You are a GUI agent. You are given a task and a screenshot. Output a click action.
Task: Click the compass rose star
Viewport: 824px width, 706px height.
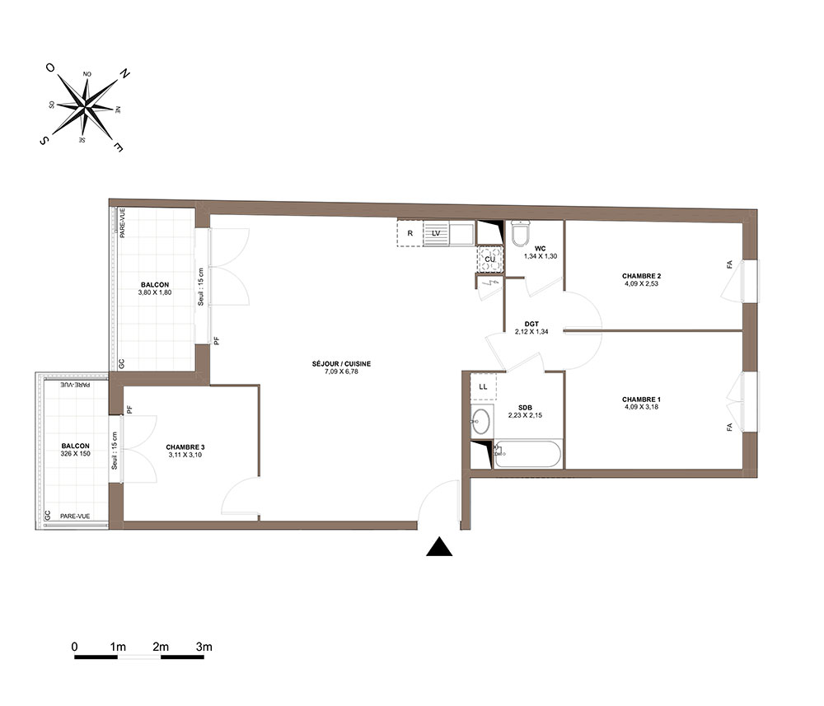pos(86,107)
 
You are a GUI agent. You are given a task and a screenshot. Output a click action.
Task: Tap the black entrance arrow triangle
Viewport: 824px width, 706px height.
pos(439,547)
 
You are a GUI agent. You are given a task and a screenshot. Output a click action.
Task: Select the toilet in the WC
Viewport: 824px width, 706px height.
pos(521,233)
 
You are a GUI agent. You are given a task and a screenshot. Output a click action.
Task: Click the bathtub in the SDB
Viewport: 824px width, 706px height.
pos(527,454)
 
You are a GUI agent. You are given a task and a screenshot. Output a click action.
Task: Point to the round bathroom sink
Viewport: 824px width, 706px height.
pos(481,421)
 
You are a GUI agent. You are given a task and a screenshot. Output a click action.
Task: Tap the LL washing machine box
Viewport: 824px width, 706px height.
pos(484,386)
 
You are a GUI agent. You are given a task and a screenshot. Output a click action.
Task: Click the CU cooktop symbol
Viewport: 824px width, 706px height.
pos(489,259)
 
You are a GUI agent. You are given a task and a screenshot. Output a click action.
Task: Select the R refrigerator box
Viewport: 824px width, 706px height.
pos(410,233)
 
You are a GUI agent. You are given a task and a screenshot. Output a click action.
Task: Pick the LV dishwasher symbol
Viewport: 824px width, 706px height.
pos(436,233)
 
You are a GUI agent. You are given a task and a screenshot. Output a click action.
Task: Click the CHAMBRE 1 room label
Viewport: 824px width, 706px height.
pos(641,400)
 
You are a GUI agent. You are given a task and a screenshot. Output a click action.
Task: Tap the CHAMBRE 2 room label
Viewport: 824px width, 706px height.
pos(641,276)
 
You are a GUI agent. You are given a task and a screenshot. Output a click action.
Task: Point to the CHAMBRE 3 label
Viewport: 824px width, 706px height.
pos(185,447)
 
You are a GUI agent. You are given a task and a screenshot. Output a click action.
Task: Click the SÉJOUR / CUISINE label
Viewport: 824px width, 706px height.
pos(341,363)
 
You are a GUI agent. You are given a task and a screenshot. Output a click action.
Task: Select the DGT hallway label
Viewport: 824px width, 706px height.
pos(531,324)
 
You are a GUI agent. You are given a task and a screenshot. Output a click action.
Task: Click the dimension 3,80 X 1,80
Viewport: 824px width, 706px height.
pos(155,292)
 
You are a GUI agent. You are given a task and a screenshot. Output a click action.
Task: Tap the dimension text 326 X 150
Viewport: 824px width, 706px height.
pos(75,453)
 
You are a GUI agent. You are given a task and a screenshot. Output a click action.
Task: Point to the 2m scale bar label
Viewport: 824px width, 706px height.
pos(161,647)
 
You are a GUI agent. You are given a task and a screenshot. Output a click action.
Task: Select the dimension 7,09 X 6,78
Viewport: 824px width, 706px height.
pos(341,372)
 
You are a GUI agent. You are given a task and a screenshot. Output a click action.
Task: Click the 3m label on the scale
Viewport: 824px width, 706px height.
pos(204,647)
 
